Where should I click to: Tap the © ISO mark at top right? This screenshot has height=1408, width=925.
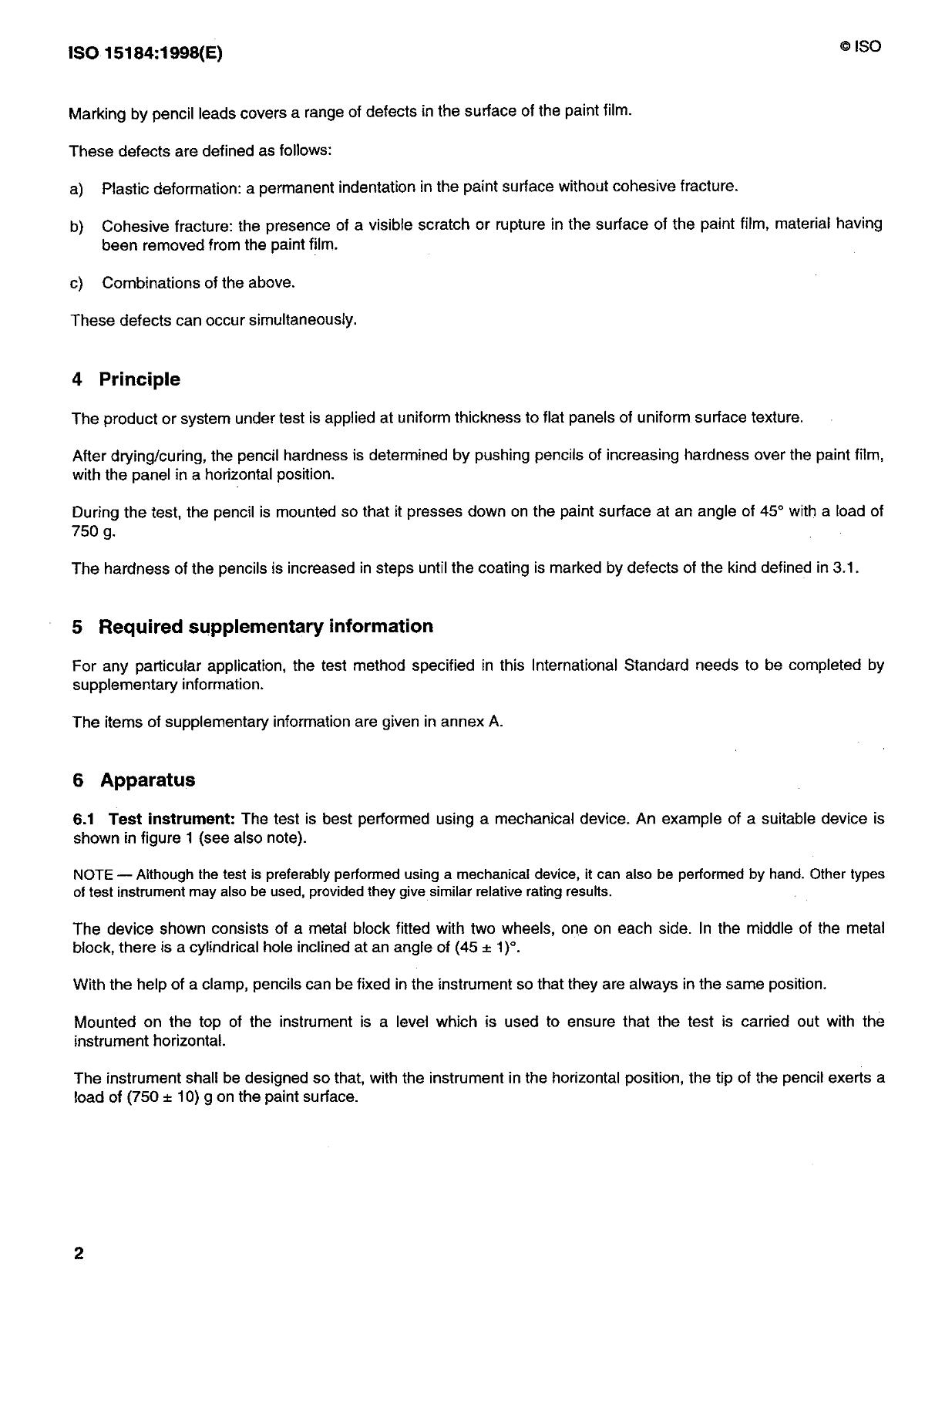(860, 47)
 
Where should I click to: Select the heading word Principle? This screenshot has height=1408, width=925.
(140, 379)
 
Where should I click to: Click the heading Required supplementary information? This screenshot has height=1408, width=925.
(265, 626)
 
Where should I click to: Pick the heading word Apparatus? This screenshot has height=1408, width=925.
(147, 780)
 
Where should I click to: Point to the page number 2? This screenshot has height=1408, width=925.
(79, 1253)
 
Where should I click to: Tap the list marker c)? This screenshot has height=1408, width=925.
(76, 283)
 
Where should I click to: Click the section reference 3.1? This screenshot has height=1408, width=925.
(846, 569)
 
